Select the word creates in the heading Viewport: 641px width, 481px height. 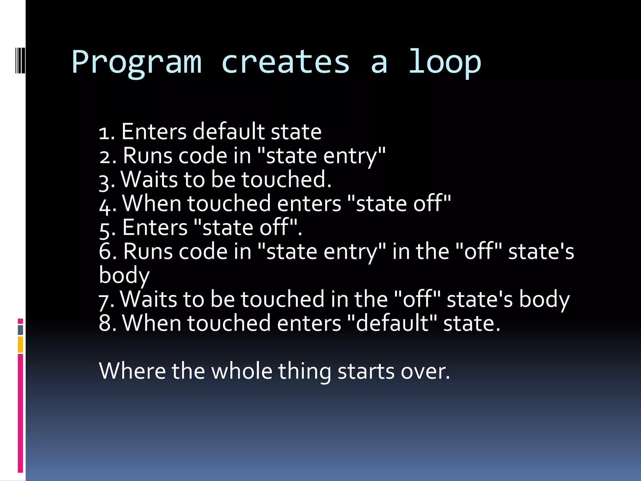(285, 62)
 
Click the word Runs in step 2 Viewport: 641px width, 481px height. (147, 156)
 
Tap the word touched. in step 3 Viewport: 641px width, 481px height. (286, 179)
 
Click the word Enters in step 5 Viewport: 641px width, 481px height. (155, 227)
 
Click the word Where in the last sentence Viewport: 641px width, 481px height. (132, 371)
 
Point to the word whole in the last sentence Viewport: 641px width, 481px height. (242, 371)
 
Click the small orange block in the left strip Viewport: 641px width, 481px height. (20, 344)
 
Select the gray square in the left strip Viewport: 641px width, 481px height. (20, 330)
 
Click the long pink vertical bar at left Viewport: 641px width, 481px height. (20, 413)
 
